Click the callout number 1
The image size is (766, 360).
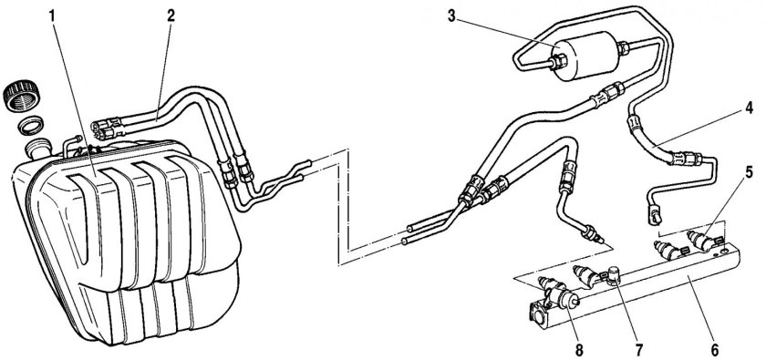pos(53,16)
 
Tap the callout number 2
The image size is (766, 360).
pos(171,16)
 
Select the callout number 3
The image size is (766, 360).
pos(451,16)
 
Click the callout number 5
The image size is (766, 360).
pos(749,172)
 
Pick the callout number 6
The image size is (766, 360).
pos(714,350)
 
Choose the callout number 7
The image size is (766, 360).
pos(639,350)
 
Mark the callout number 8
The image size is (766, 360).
pos(579,350)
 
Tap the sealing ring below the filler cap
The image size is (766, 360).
pos(30,126)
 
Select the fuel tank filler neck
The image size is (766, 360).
pos(39,148)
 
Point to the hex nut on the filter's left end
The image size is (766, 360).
pos(559,62)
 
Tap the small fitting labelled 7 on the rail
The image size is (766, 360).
pos(614,276)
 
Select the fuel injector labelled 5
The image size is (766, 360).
pos(704,241)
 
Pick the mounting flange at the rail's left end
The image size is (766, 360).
pos(539,316)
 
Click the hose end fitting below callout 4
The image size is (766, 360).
pos(655,215)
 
